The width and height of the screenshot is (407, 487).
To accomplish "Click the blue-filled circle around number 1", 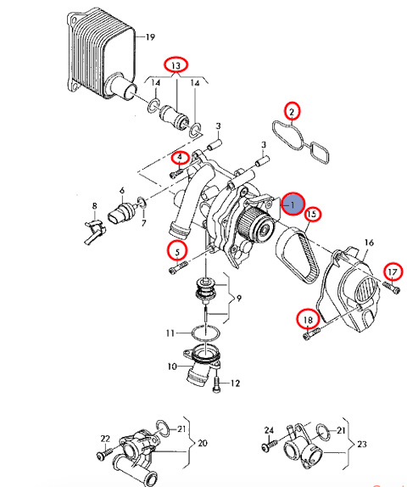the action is pyautogui.click(x=293, y=204).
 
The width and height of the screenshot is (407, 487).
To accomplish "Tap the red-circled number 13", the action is pyautogui.click(x=176, y=65).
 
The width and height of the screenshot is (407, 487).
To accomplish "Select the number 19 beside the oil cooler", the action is pyautogui.click(x=150, y=37).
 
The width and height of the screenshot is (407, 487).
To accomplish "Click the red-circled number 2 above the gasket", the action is pyautogui.click(x=292, y=111).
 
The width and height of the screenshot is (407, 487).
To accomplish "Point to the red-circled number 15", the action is pyautogui.click(x=312, y=214).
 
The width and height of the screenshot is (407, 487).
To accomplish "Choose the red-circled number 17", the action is pyautogui.click(x=393, y=272).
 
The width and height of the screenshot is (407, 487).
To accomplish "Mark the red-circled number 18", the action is pyautogui.click(x=307, y=320).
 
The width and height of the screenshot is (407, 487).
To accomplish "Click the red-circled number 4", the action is pyautogui.click(x=180, y=158).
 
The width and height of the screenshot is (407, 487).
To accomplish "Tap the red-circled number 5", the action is pyautogui.click(x=177, y=251).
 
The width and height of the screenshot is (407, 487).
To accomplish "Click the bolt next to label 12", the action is pyautogui.click(x=216, y=385).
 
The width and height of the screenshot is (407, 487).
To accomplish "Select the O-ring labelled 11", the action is pyautogui.click(x=206, y=333).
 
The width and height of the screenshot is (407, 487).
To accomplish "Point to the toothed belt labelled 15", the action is pyautogui.click(x=298, y=255).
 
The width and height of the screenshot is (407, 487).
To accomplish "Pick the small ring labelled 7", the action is pyautogui.click(x=142, y=203).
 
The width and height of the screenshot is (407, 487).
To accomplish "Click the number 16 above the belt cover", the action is pyautogui.click(x=369, y=243).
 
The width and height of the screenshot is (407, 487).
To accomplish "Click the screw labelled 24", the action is pyautogui.click(x=270, y=444).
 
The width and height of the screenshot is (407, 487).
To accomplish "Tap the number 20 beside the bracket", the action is pyautogui.click(x=203, y=443).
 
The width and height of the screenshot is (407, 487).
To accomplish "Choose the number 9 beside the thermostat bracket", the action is pyautogui.click(x=238, y=299).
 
